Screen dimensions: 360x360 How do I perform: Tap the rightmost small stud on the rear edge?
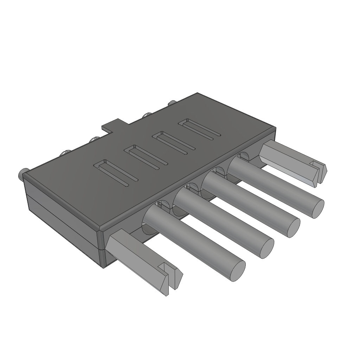[x=172, y=103]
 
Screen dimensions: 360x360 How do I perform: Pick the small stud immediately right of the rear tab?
[x=147, y=115]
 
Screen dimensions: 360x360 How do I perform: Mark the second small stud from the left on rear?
[x=65, y=153]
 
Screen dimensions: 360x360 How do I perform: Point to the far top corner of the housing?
[x=198, y=94]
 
